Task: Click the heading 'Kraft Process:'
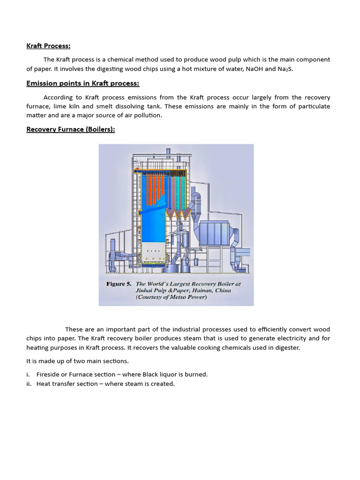48,45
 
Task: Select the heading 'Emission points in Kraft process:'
82,83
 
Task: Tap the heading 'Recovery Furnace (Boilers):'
70,129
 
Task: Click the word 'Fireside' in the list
49,374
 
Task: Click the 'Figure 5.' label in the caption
119,284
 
